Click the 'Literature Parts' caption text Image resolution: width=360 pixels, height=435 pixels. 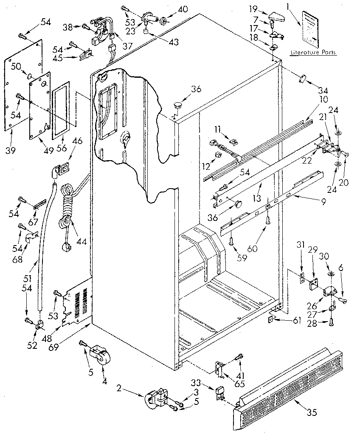[313, 53]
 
